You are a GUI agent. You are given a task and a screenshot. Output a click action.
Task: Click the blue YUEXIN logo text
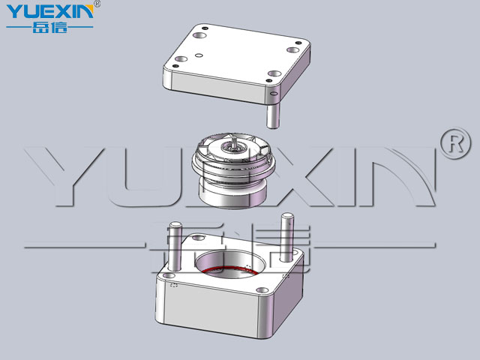tap(49, 12)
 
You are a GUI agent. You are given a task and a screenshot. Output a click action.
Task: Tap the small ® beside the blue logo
tap(97, 4)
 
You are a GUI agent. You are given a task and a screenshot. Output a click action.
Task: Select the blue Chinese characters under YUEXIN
tap(50, 28)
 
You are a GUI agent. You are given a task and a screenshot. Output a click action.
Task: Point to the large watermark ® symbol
tap(456, 143)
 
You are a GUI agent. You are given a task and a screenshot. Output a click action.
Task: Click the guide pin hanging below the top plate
tap(272, 115)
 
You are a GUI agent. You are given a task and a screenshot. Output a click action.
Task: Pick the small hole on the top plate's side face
tap(274, 93)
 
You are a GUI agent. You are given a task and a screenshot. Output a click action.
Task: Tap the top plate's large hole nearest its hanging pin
tap(274, 73)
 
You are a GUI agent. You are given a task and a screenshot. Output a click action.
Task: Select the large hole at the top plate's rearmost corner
tap(199, 35)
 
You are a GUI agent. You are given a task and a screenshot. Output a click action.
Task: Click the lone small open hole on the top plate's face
tap(199, 55)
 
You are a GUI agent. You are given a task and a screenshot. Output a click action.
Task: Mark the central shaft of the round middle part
tap(234, 144)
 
